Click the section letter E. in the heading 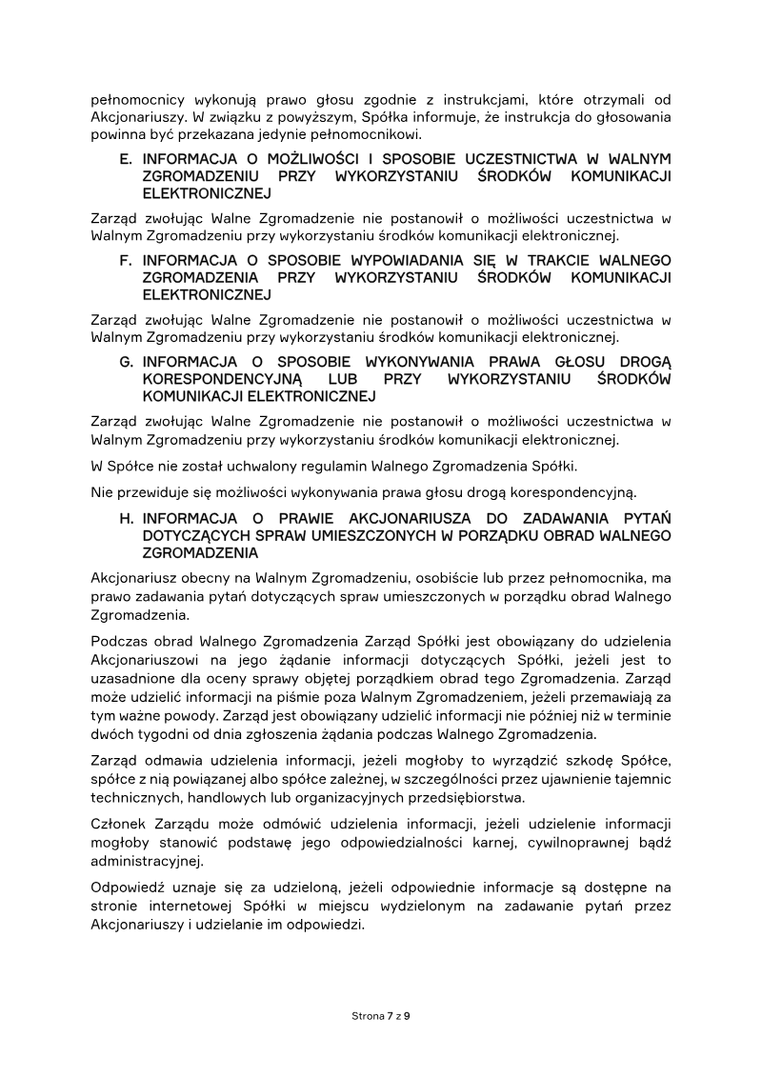(126, 159)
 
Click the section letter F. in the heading (126, 261)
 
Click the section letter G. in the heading (126, 363)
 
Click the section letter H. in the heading (126, 518)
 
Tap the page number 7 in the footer (390, 1016)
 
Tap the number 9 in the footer (407, 1016)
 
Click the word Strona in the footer (368, 1016)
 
